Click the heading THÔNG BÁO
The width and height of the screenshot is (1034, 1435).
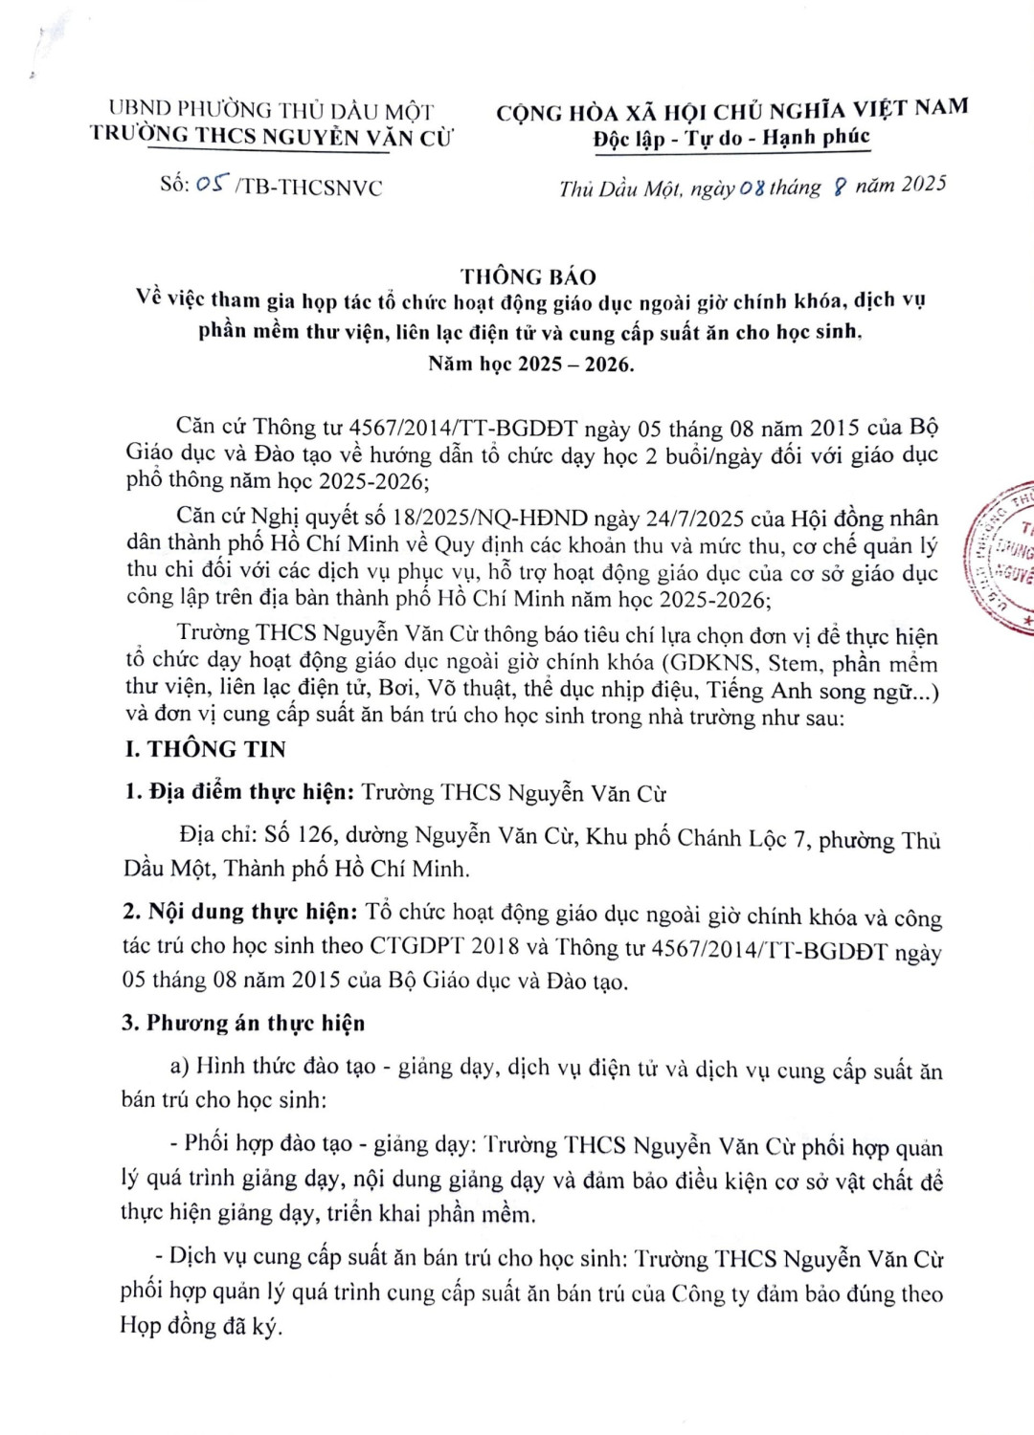tap(528, 277)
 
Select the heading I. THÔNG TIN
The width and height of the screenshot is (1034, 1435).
tap(205, 749)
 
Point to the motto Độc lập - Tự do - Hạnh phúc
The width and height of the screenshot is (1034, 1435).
tap(731, 139)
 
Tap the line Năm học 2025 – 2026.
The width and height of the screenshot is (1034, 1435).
tap(530, 364)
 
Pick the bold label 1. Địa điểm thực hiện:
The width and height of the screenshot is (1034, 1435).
tap(240, 792)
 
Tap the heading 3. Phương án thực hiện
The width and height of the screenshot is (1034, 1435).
tap(243, 1023)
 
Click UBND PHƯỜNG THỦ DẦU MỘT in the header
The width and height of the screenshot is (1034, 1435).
tap(271, 111)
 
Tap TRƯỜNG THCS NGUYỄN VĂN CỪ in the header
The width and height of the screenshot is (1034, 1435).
tap(272, 136)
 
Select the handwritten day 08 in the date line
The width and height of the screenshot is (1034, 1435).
tap(753, 188)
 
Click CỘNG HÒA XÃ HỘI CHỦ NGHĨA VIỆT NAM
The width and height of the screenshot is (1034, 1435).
tap(731, 111)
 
